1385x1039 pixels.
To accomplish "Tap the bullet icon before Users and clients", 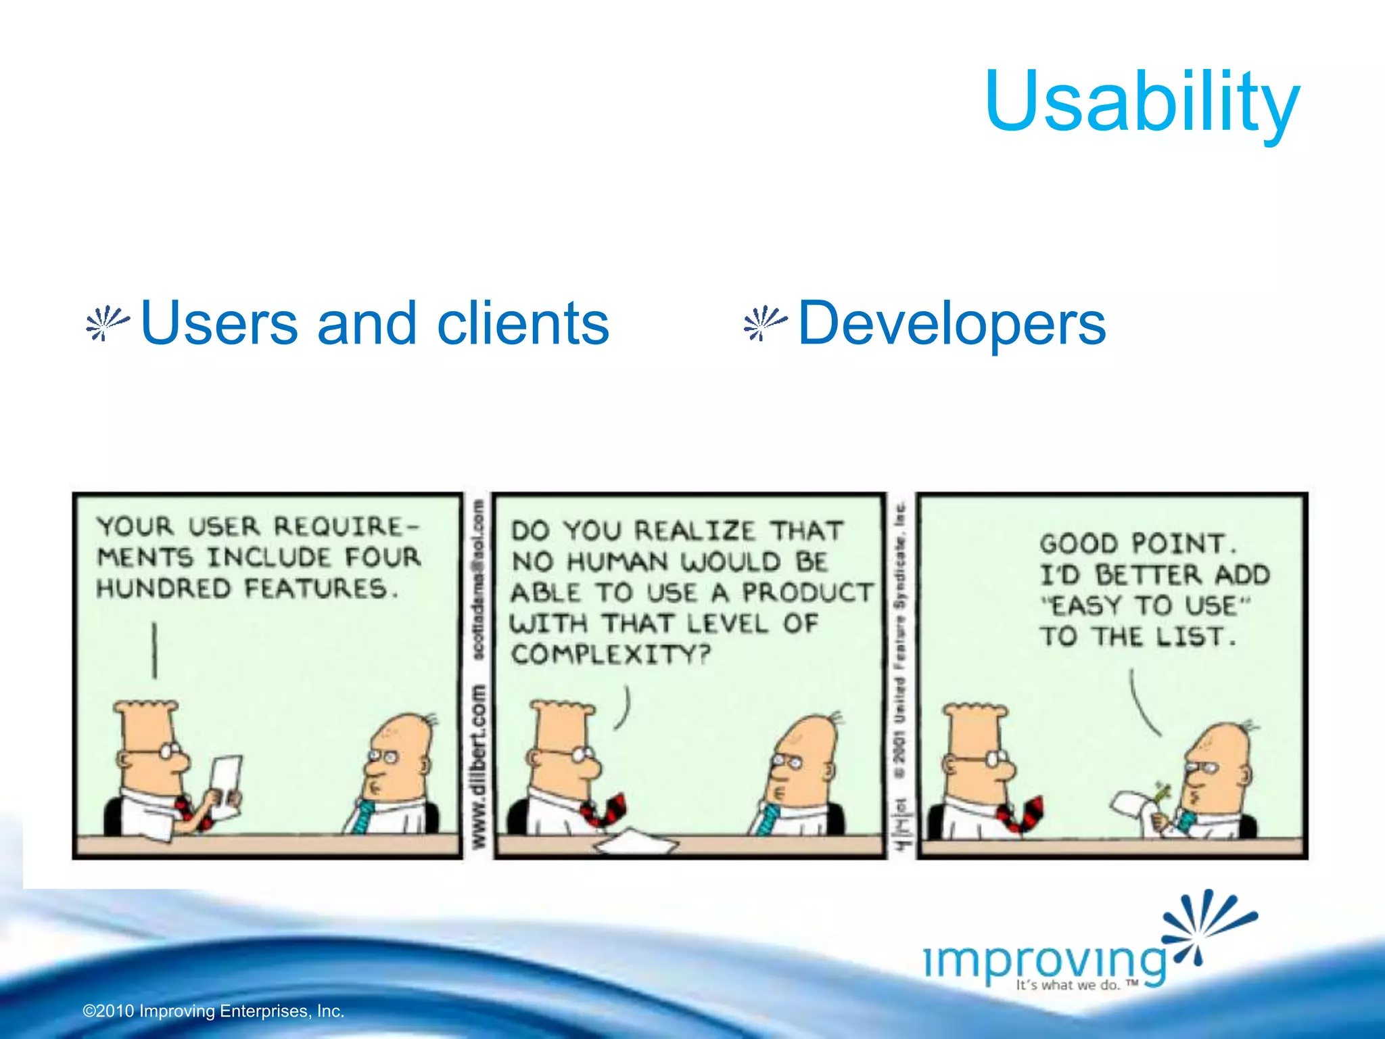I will tap(107, 324).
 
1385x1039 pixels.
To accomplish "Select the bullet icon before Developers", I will tap(764, 324).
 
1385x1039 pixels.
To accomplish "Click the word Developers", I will tap(952, 324).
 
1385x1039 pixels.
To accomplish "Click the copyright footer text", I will tap(214, 1011).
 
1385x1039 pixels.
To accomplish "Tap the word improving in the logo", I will tap(1045, 961).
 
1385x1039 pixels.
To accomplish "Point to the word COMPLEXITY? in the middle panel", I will tap(610, 654).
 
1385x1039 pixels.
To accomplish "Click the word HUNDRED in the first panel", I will tap(164, 588).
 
